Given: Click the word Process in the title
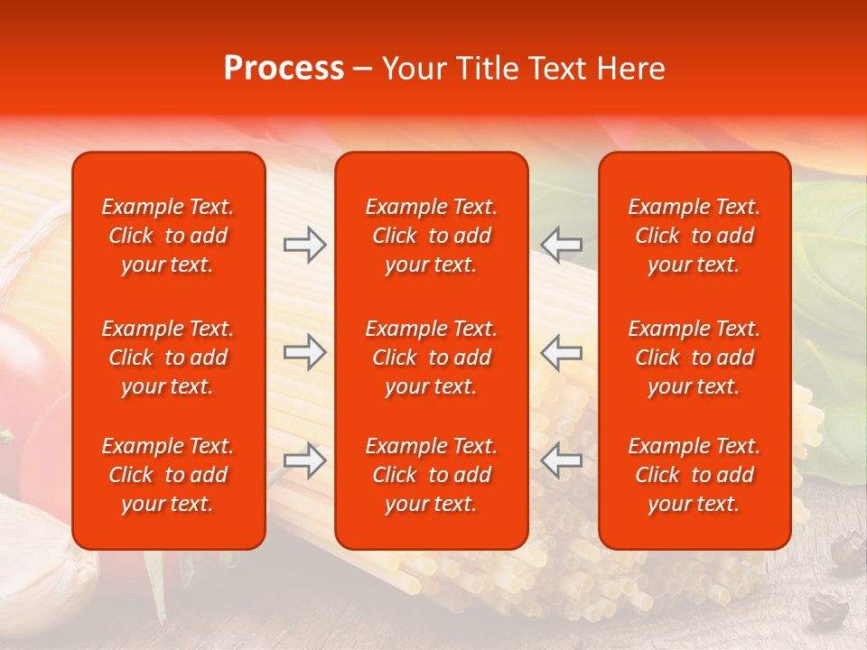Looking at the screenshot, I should tap(284, 69).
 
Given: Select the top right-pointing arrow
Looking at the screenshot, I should tap(304, 244).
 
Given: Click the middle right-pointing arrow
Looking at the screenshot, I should tap(304, 352).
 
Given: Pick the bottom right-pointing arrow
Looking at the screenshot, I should tap(304, 460).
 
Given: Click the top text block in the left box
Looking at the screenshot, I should tap(168, 236).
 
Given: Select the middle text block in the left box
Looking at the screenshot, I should tap(168, 357).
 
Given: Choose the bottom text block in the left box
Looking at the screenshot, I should tap(168, 475).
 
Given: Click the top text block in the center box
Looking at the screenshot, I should tap(431, 236).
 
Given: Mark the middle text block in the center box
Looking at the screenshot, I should tap(431, 357).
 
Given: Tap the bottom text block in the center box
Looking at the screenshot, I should tap(431, 475).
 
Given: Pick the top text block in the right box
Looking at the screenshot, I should tap(694, 236).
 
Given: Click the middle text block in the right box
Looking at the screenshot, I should tap(694, 357).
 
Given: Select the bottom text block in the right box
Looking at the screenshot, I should tap(694, 475).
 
